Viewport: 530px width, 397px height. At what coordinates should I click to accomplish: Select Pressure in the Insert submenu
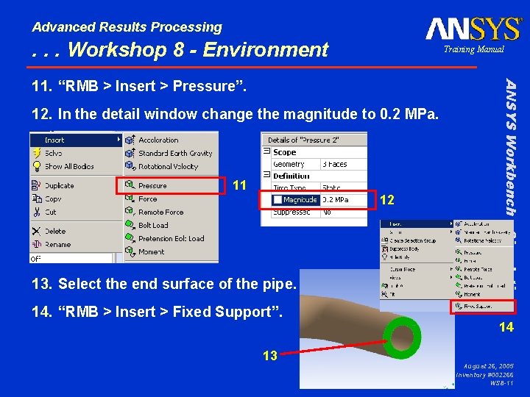click(x=152, y=186)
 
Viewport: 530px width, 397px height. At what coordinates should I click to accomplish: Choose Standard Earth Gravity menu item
click(x=174, y=154)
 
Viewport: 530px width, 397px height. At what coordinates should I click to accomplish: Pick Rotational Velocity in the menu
click(x=168, y=167)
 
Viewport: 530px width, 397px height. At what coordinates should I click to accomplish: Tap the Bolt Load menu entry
click(x=153, y=226)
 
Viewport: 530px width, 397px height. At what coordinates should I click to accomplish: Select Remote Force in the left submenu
click(x=160, y=212)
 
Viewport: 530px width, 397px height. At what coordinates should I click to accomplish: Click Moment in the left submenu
click(x=152, y=252)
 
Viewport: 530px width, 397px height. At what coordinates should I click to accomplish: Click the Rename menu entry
click(x=57, y=245)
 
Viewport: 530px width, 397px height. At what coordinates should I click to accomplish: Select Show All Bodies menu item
click(x=69, y=167)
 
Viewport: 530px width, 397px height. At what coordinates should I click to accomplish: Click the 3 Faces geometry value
click(x=335, y=165)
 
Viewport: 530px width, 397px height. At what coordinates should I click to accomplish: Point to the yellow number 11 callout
click(x=239, y=185)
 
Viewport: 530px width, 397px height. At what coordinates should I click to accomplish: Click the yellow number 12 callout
click(x=387, y=200)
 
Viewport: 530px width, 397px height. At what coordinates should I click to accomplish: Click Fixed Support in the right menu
click(x=478, y=306)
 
